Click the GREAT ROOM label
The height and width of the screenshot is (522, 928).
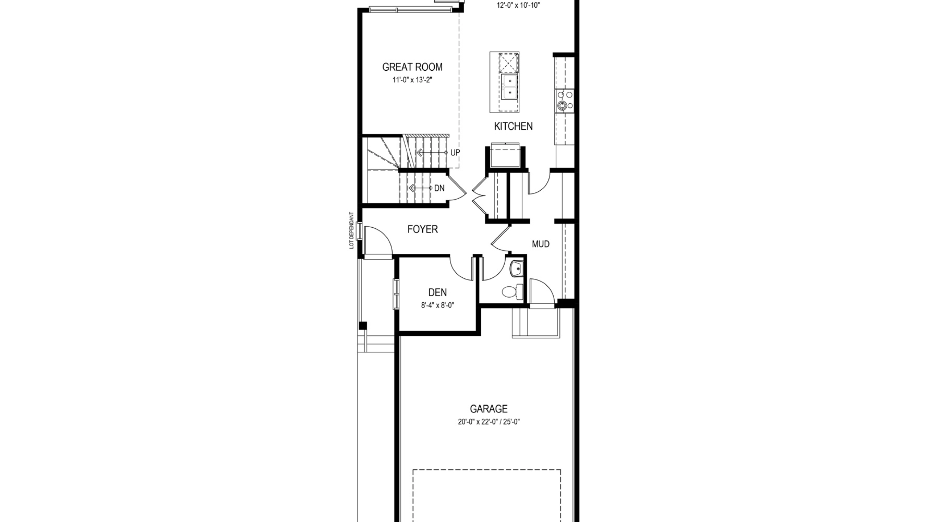pyautogui.click(x=412, y=67)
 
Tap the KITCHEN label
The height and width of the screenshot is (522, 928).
pyautogui.click(x=513, y=126)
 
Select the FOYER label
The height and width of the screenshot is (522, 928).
pyautogui.click(x=423, y=229)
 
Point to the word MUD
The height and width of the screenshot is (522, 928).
pyautogui.click(x=540, y=244)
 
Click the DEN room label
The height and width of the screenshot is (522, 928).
pyautogui.click(x=438, y=293)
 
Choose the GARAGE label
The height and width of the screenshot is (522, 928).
pyautogui.click(x=489, y=409)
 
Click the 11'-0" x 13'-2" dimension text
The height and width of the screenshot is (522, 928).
pyautogui.click(x=413, y=80)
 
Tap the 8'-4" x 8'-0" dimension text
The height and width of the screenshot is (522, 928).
pyautogui.click(x=438, y=305)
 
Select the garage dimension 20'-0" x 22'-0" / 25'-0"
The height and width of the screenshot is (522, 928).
pyautogui.click(x=489, y=422)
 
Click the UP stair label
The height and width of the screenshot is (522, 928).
pyautogui.click(x=455, y=153)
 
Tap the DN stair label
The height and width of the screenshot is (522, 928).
pyautogui.click(x=439, y=188)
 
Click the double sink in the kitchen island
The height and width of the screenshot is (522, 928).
pyautogui.click(x=509, y=87)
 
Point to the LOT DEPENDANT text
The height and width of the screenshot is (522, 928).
pyautogui.click(x=351, y=230)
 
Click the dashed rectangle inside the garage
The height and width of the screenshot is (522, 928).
pyautogui.click(x=486, y=470)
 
